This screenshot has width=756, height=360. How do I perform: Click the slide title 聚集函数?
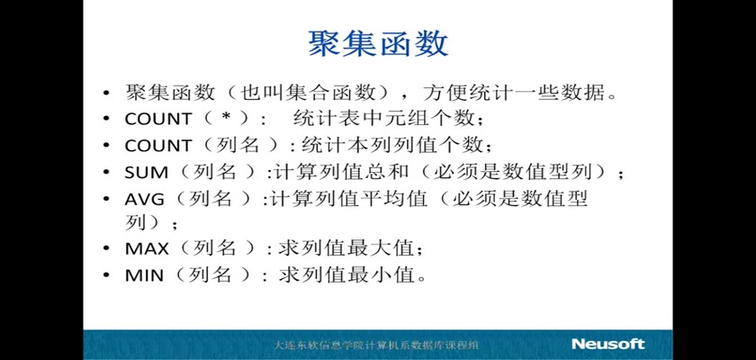(x=378, y=44)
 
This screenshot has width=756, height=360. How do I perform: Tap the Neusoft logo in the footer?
(x=608, y=344)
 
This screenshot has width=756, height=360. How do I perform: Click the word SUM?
(x=146, y=173)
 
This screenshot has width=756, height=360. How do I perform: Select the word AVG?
(x=145, y=199)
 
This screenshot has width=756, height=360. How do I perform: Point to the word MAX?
(x=147, y=248)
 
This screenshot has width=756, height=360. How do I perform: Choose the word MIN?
(x=144, y=275)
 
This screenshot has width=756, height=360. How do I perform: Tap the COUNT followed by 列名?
(x=158, y=145)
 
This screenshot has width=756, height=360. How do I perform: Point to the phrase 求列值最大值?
(x=346, y=248)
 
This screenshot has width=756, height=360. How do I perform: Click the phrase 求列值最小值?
(x=346, y=274)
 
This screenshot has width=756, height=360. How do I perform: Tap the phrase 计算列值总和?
(x=340, y=172)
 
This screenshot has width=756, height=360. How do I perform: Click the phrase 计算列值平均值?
(x=347, y=199)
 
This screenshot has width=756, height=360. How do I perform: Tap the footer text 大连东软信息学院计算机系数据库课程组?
(x=376, y=345)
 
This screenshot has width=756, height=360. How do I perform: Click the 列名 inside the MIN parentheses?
(x=209, y=274)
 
